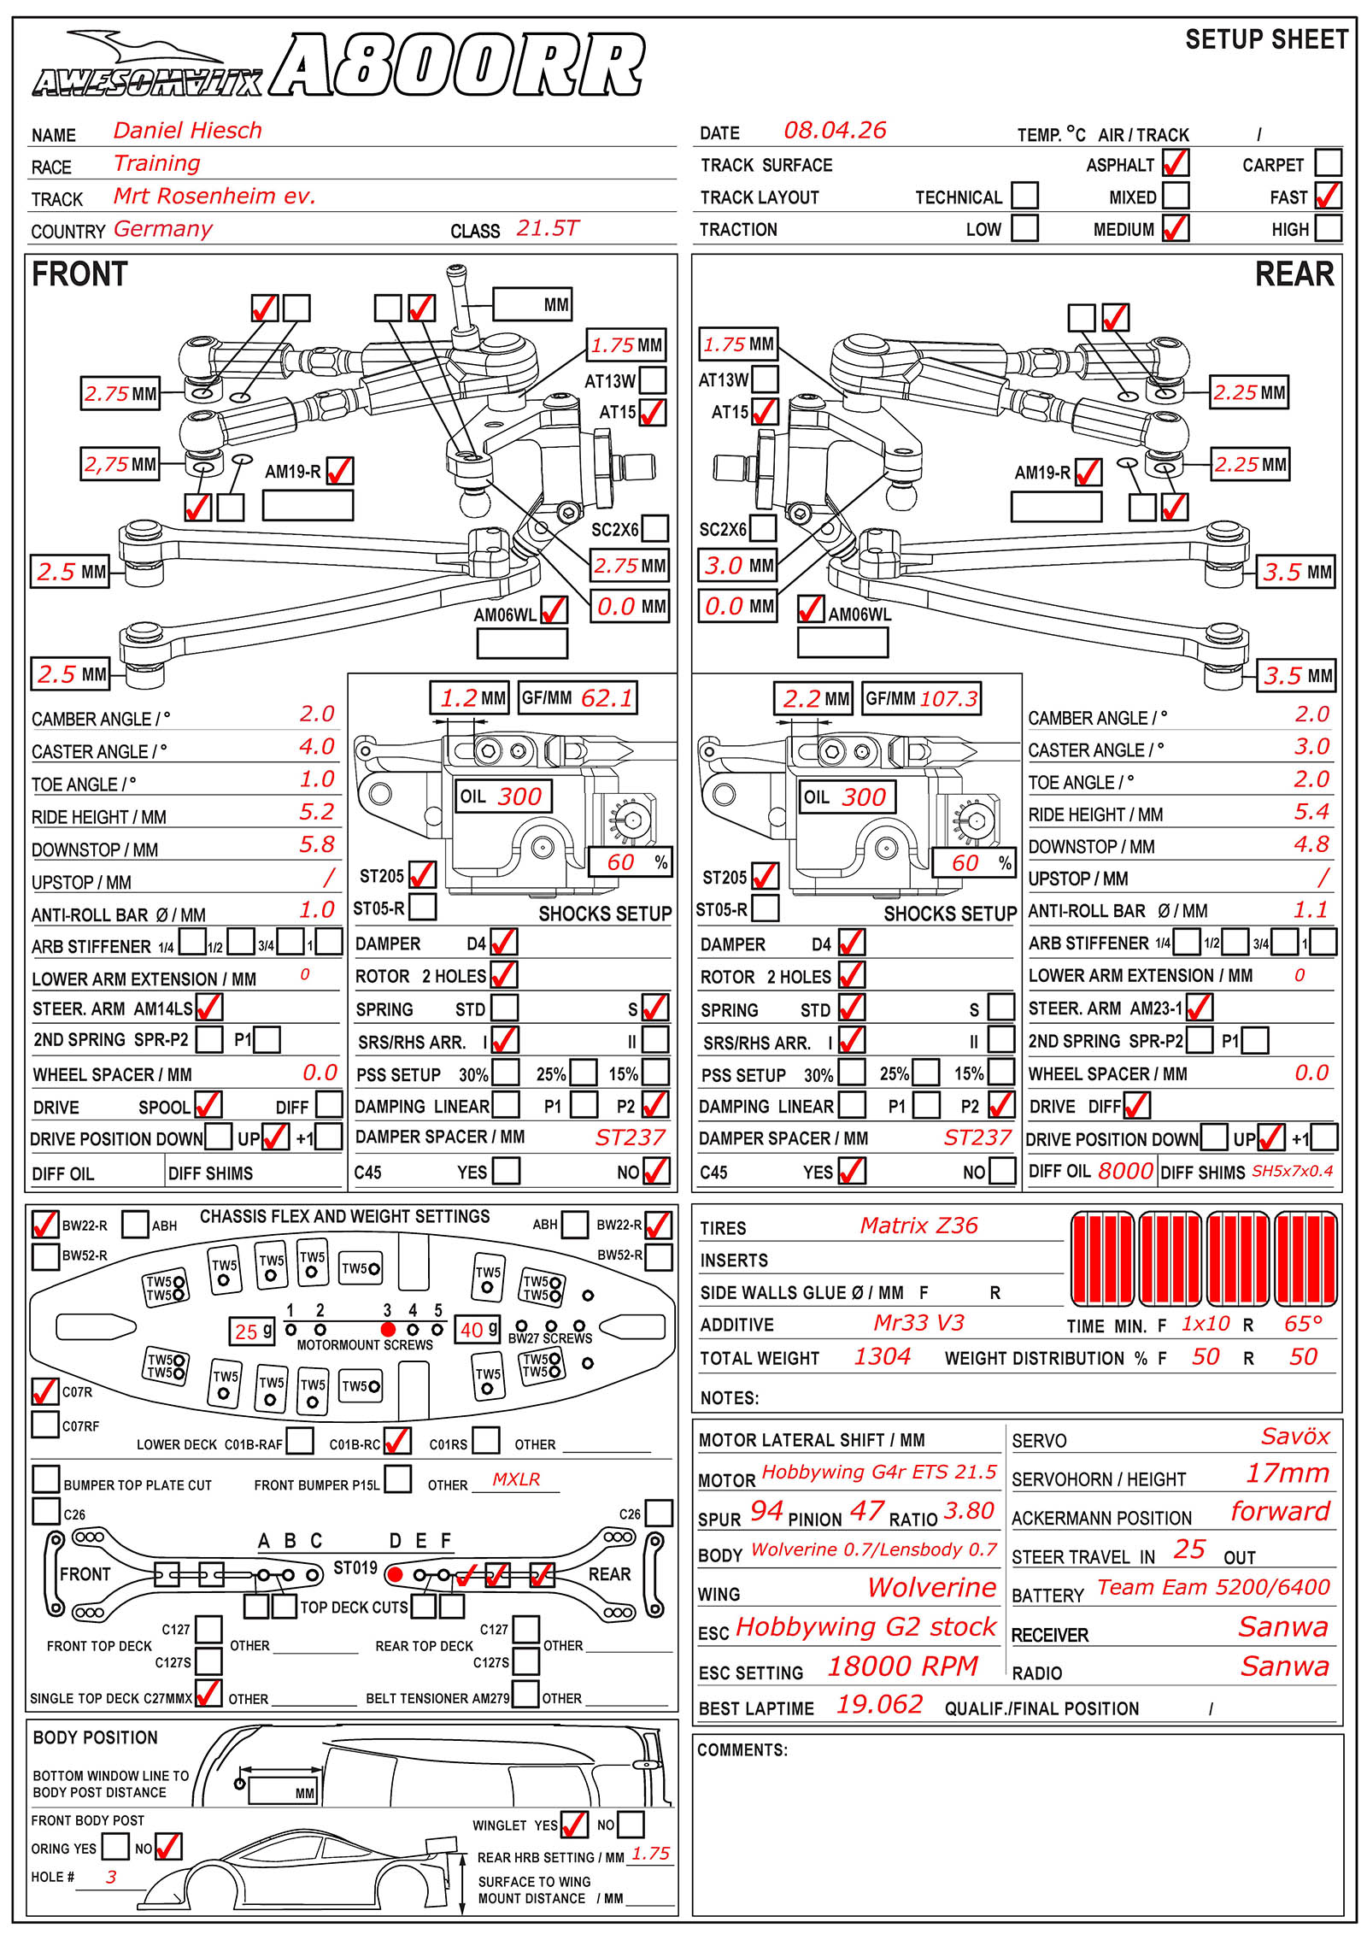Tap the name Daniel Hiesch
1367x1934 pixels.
187,131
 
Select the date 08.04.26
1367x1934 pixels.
835,131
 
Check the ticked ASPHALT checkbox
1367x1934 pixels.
1176,162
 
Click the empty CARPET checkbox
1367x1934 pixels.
1328,162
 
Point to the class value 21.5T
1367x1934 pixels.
547,228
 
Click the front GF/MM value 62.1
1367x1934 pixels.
607,698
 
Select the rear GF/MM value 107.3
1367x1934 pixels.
948,698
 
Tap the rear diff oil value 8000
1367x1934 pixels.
1125,1170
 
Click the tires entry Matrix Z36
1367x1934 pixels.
918,1226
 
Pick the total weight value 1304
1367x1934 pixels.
883,1356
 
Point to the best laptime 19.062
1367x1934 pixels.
879,1704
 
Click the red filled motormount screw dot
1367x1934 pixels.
388,1329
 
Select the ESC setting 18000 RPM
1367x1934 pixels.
902,1666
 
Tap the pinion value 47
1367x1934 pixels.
866,1511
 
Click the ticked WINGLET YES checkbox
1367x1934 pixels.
574,1825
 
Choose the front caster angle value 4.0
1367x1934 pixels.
316,747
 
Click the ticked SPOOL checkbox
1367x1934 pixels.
208,1104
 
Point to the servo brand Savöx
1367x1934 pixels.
1294,1437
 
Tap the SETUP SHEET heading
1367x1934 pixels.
1266,40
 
